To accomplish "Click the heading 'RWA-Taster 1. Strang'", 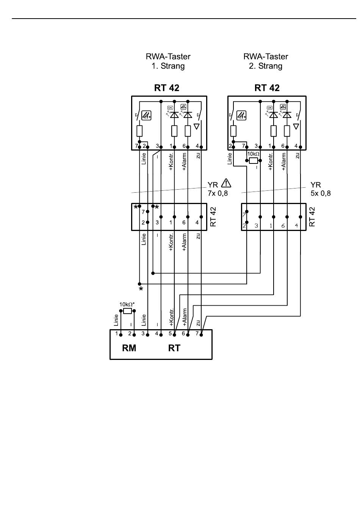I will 168,61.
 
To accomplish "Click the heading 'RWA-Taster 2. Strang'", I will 266,61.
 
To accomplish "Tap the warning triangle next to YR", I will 226,183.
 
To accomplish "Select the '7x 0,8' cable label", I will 218,193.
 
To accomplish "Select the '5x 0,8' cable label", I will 320,193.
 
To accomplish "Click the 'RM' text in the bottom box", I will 129,348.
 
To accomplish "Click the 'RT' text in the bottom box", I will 174,348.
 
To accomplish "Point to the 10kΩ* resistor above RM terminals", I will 128,311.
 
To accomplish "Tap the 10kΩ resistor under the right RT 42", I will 253,161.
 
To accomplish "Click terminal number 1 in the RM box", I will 117,334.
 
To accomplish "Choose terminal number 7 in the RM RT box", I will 197,334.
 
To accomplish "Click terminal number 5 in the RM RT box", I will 170,334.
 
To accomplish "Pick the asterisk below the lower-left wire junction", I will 141,289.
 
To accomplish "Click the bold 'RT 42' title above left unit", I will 167,88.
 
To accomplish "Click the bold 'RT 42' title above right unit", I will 267,88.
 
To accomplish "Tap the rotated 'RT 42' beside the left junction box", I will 213,217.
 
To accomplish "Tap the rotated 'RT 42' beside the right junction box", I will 312,217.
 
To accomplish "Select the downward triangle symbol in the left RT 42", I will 197,127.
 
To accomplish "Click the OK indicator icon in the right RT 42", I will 269,108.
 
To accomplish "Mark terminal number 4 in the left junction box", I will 197,223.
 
